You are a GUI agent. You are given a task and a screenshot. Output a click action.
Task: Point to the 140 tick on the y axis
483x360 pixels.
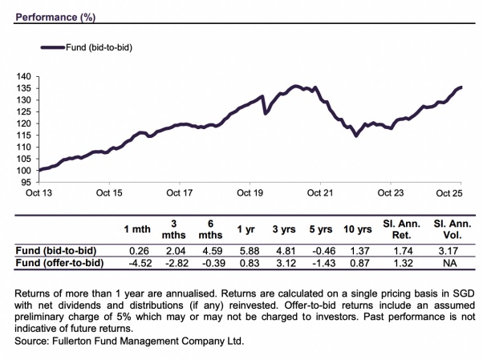(x=24, y=76)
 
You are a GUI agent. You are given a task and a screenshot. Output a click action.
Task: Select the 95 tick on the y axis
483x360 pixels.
(x=26, y=182)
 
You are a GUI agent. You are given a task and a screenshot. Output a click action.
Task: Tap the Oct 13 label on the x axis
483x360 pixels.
(x=39, y=192)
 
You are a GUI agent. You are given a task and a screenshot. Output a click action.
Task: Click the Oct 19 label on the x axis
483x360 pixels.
(x=250, y=192)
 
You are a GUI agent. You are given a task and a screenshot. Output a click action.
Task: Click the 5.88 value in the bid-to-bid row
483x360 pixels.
(x=247, y=249)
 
